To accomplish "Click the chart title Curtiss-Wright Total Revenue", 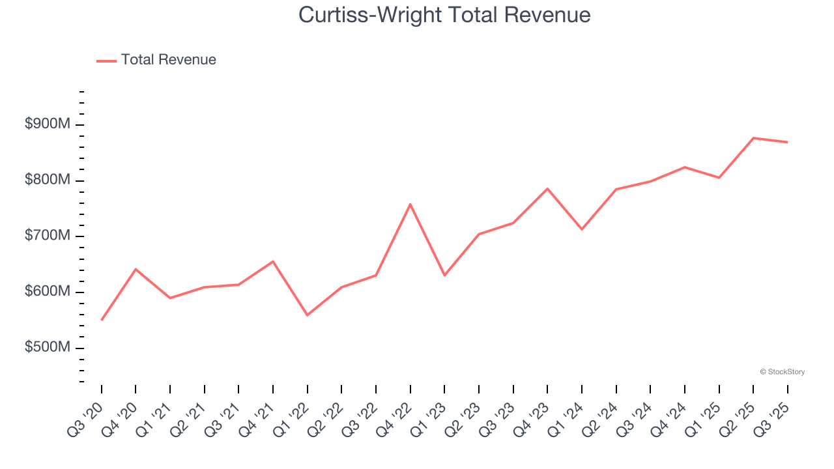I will pos(444,15).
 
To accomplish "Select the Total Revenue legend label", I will pos(168,60).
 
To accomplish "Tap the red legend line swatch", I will pos(106,61).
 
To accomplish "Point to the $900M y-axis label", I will pos(47,124).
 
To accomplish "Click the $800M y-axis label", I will pos(47,180).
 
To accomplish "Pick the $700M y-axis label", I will pos(47,236).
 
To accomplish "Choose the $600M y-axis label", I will pos(47,292).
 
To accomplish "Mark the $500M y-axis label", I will pos(47,348).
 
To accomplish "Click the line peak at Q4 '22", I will pos(410,204).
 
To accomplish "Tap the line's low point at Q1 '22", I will pos(308,315).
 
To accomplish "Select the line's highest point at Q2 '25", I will pos(753,138).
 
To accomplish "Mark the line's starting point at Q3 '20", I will pos(102,320).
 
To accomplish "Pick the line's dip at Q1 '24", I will pos(582,229).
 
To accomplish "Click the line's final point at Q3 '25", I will pos(787,142).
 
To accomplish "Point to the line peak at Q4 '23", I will pos(547,188).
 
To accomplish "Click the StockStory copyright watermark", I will pos(782,372).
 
